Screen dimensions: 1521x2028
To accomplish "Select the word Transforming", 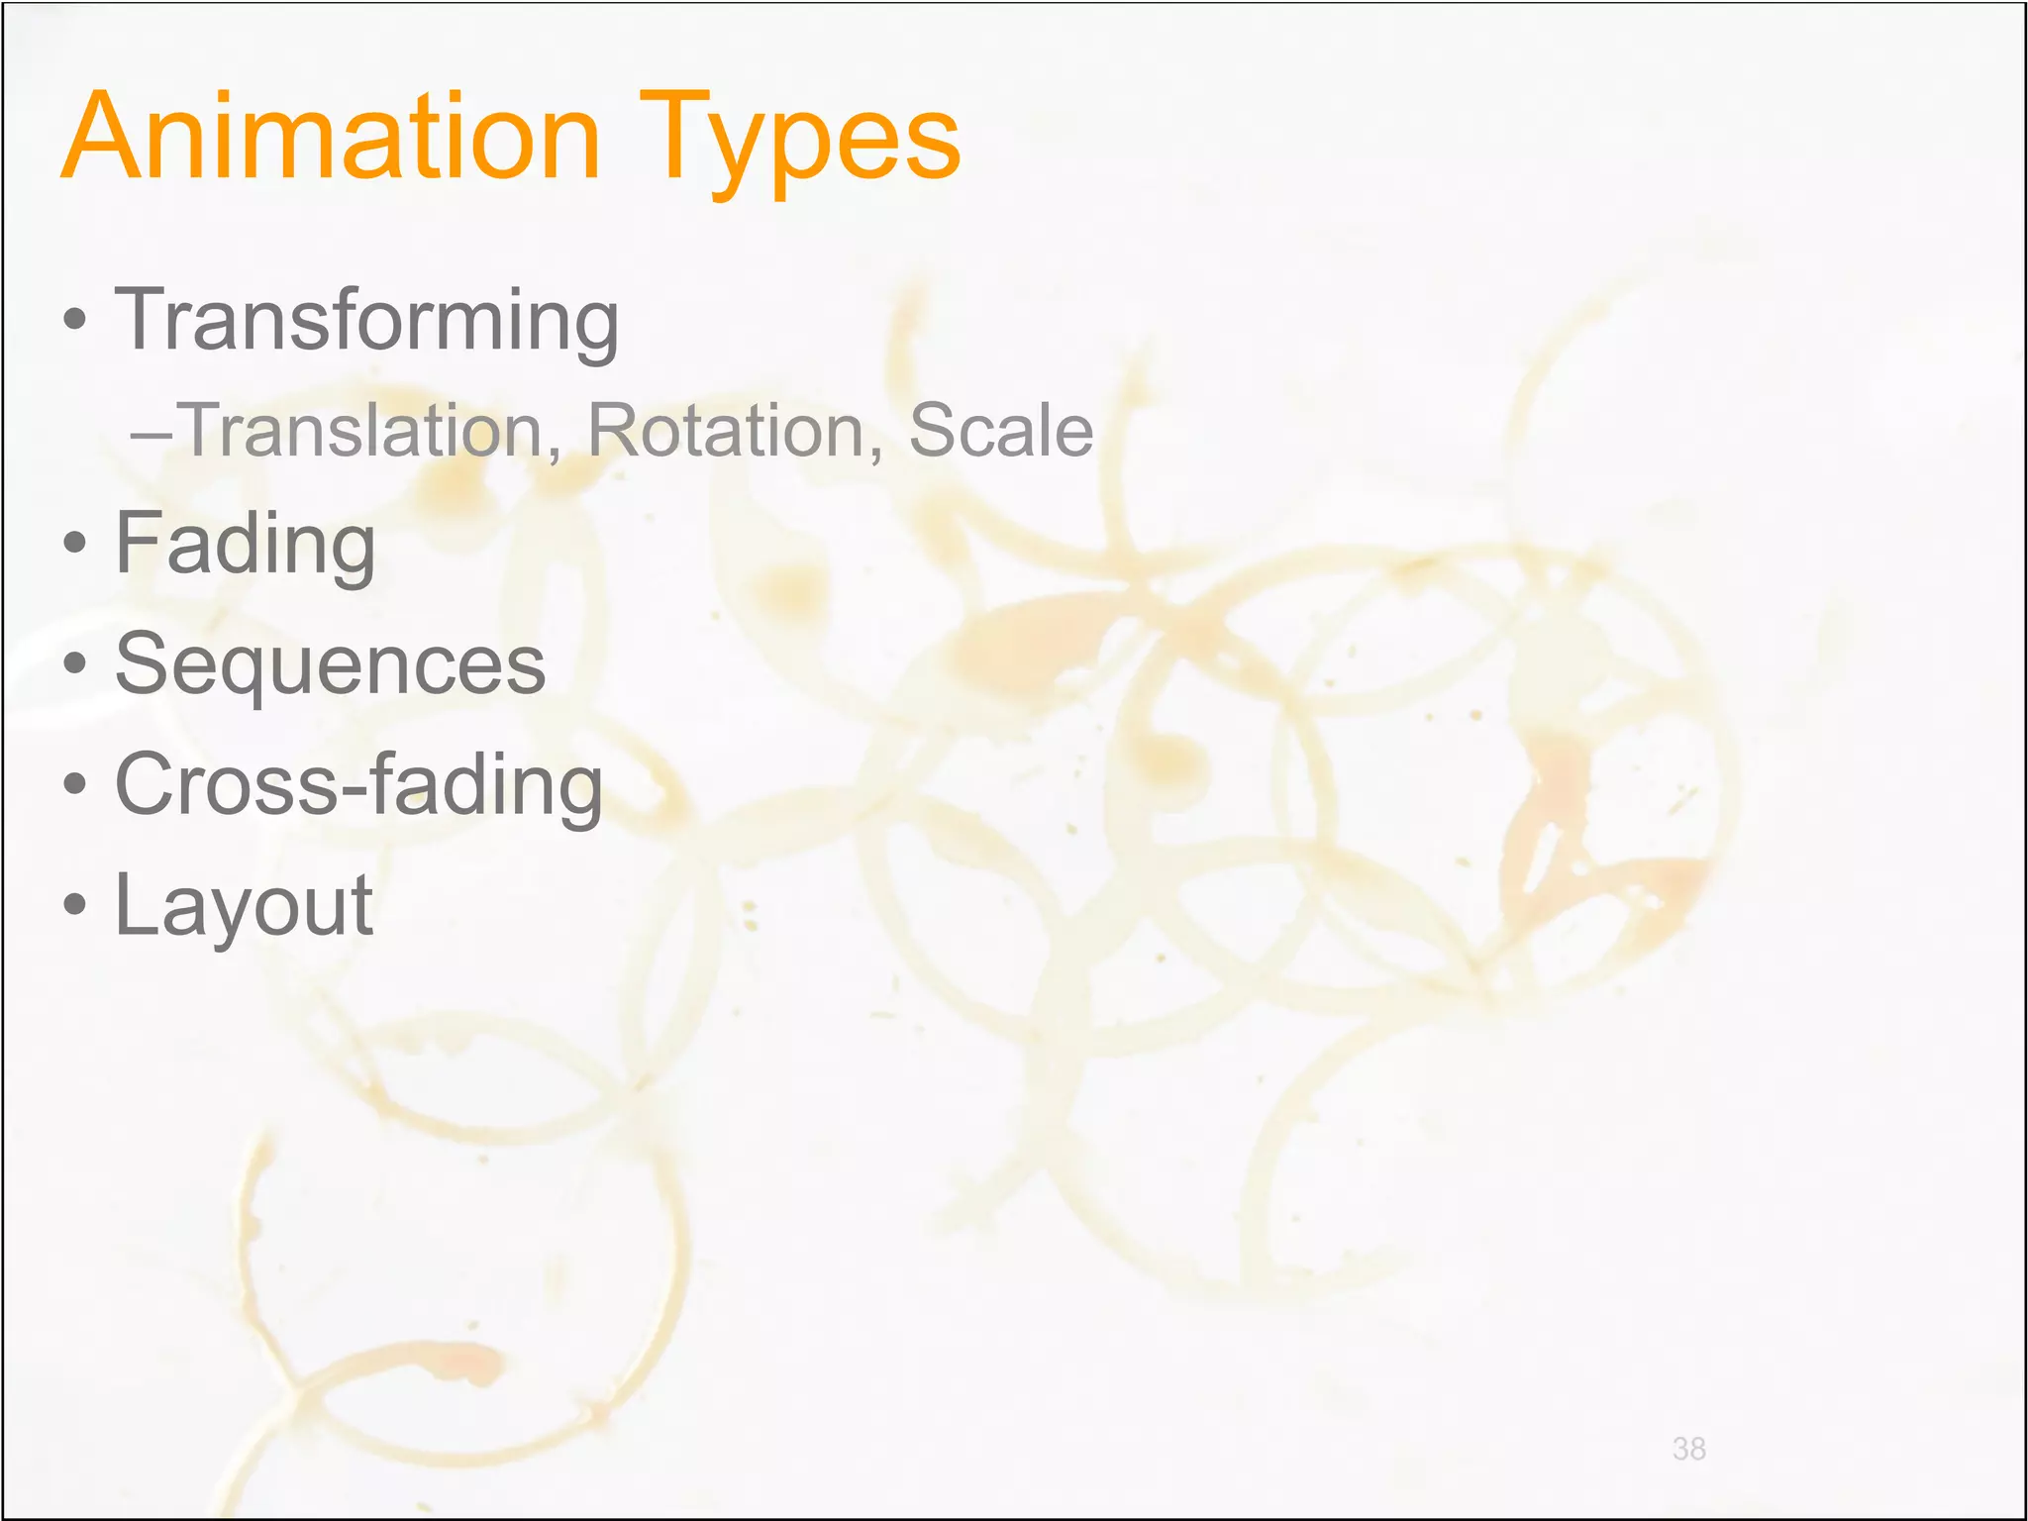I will click(366, 320).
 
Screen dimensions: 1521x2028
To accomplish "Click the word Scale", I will click(1000, 432).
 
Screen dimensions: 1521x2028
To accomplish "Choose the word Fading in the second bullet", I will click(245, 544).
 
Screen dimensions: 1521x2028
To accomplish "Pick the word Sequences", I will click(330, 664).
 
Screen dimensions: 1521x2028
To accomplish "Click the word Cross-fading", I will click(357, 785).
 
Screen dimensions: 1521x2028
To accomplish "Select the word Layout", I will click(244, 906).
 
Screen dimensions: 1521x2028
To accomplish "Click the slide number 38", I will click(1688, 1449).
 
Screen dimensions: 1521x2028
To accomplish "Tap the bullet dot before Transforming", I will click(74, 321).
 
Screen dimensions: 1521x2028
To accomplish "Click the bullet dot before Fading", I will click(74, 543).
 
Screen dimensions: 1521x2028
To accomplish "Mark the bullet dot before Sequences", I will click(74, 663).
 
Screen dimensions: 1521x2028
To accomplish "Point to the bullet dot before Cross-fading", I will click(74, 784).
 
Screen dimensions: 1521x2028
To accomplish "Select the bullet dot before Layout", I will click(74, 904).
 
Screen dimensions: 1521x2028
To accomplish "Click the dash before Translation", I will click(151, 434).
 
